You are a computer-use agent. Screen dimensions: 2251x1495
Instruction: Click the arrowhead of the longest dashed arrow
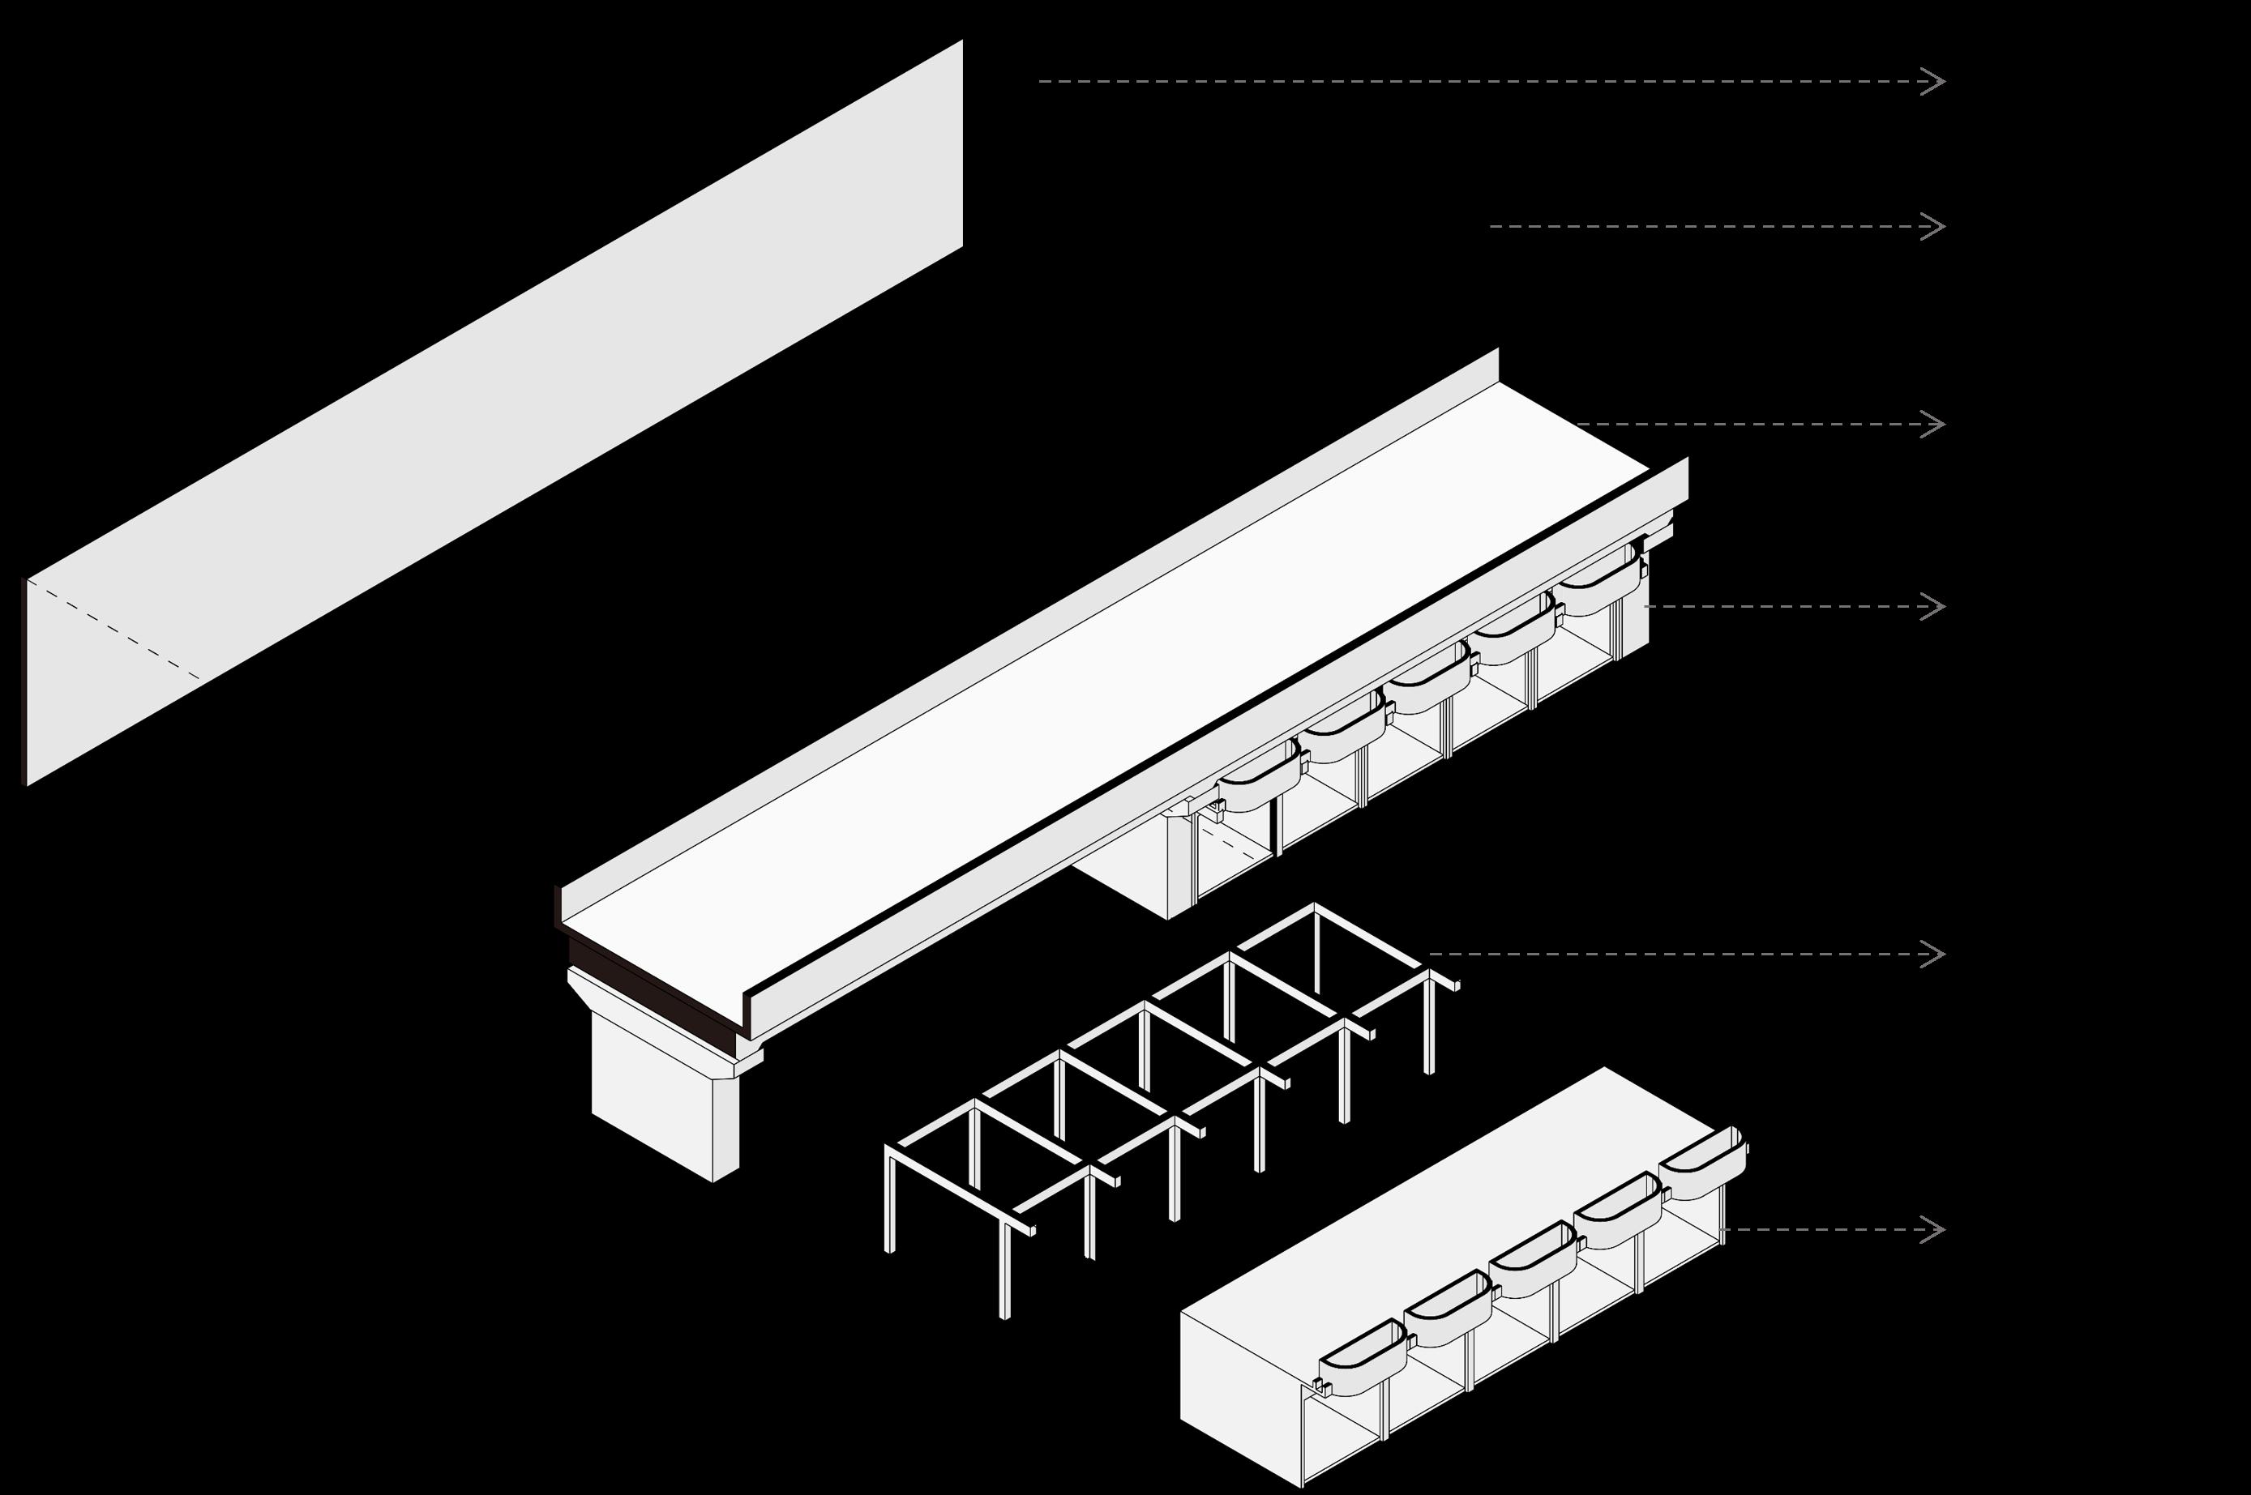coord(1936,81)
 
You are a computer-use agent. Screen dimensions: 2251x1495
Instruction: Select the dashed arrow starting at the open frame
coord(1679,955)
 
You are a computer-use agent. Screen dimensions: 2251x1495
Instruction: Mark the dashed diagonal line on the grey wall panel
coord(114,630)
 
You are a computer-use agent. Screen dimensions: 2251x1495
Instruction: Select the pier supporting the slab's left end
coord(658,1096)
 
